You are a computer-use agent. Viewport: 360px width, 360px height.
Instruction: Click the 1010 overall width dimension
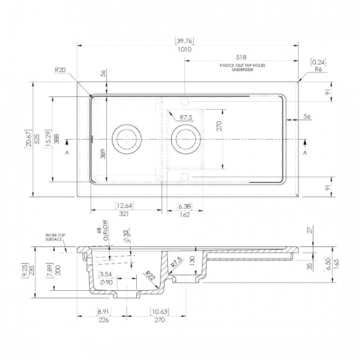[184, 49]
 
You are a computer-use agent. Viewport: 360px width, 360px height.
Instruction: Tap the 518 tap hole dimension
[241, 57]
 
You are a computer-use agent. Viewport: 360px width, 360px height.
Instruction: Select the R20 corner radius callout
[60, 70]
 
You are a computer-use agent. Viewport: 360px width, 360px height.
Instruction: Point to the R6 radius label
[318, 69]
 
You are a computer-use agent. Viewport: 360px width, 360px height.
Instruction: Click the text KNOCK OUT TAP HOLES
[242, 65]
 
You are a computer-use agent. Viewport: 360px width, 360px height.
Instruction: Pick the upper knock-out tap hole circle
[184, 101]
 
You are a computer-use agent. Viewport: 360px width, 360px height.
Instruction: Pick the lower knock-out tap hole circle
[184, 177]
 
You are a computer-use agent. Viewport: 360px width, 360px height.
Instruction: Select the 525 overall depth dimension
[37, 139]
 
